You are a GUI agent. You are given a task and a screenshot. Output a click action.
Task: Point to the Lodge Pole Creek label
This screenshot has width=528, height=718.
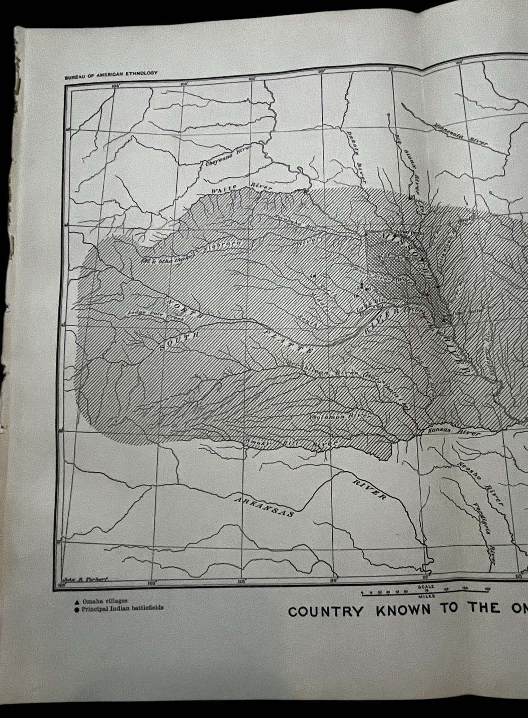[x=155, y=315]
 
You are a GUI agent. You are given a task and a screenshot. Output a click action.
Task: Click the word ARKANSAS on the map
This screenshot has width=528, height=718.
[x=265, y=505]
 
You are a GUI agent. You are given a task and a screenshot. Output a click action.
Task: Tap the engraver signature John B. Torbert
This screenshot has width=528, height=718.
[x=85, y=580]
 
